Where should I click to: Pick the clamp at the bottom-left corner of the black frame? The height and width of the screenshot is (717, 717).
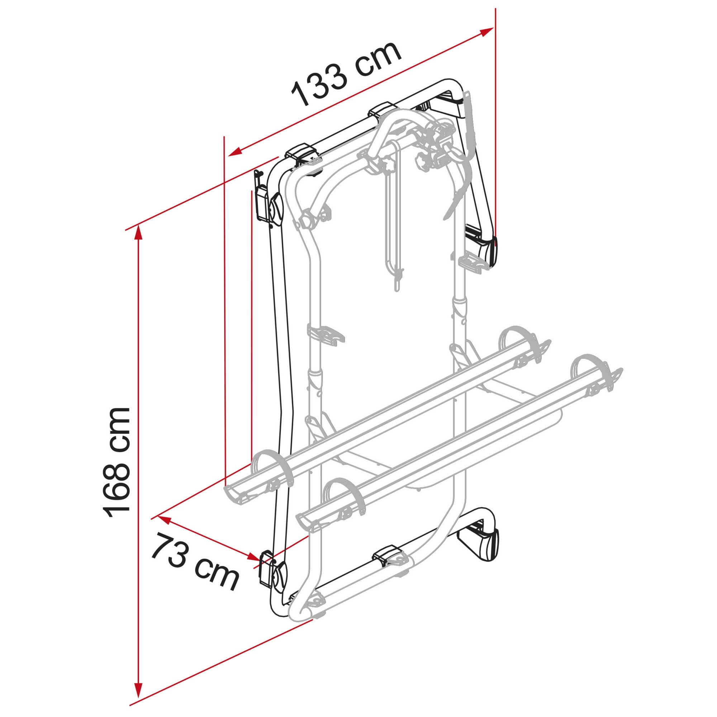click(x=273, y=577)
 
